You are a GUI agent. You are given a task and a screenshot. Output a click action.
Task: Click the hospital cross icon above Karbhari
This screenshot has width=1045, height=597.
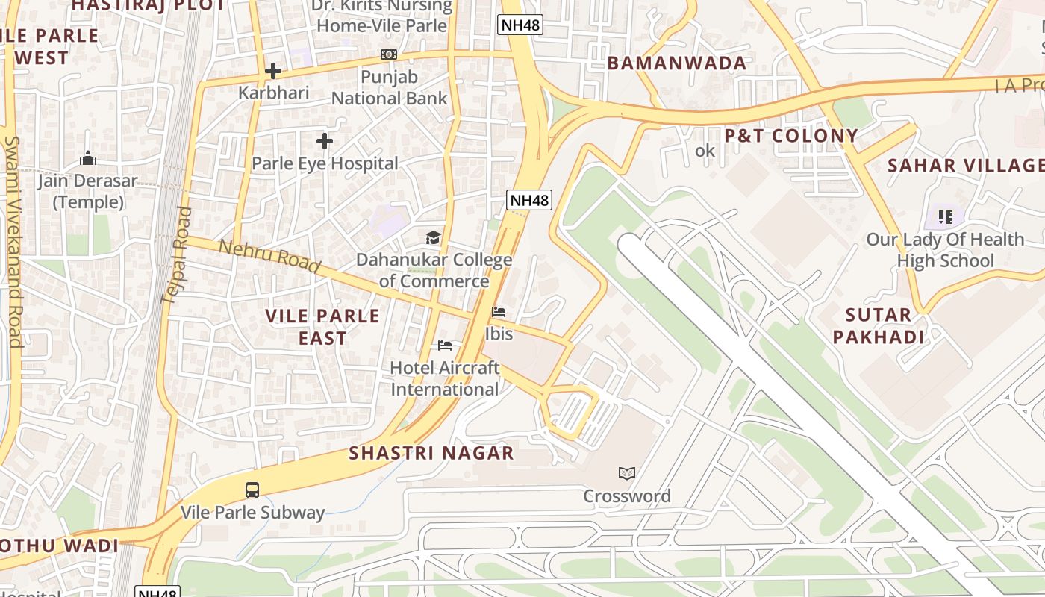[273, 71]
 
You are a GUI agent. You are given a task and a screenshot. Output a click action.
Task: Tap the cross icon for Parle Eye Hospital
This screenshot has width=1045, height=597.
[325, 140]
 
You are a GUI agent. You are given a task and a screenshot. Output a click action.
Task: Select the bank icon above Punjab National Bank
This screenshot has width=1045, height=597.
[389, 54]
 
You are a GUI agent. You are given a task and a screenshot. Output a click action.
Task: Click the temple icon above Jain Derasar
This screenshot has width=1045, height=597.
[88, 159]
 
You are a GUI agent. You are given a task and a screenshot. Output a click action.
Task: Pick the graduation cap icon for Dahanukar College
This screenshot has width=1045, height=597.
[434, 238]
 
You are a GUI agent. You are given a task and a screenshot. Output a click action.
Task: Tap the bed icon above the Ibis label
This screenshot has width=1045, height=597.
[499, 312]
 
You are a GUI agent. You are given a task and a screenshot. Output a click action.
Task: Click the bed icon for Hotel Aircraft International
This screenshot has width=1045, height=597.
[445, 346]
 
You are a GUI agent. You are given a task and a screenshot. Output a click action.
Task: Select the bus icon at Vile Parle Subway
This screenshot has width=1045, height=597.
[252, 490]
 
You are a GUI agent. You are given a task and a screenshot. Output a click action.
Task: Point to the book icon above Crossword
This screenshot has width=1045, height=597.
[627, 474]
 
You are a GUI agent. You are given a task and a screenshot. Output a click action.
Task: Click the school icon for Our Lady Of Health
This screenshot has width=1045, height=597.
[946, 217]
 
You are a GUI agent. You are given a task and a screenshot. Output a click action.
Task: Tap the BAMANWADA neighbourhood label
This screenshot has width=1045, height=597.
[677, 63]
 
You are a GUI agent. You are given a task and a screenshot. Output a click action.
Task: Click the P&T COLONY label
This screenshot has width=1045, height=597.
[791, 136]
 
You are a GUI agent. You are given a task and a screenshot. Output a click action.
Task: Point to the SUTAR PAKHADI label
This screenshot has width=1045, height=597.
[879, 326]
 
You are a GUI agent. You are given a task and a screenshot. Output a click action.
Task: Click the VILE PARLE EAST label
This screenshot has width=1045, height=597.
[322, 327]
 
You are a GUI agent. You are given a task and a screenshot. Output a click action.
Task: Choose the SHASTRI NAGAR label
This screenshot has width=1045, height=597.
[431, 453]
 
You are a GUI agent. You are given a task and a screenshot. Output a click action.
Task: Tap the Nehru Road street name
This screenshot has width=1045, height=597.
[270, 256]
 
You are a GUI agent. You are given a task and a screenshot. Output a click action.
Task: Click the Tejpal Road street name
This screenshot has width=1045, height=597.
[176, 255]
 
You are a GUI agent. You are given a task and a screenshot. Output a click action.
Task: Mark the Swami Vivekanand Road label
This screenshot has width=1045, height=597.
[13, 243]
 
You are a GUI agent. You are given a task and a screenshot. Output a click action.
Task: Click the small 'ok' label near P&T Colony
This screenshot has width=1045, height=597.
[705, 151]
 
